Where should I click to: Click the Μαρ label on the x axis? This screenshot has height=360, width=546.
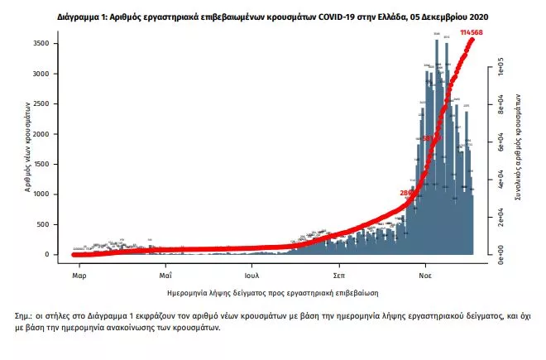79,274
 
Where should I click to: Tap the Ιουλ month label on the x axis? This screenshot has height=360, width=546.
252,274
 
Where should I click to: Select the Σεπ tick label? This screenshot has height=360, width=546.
339,274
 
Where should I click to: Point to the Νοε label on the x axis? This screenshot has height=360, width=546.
426,274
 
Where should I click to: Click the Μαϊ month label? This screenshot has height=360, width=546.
165,274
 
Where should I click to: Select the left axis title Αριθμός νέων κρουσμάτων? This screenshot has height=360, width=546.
27,147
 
